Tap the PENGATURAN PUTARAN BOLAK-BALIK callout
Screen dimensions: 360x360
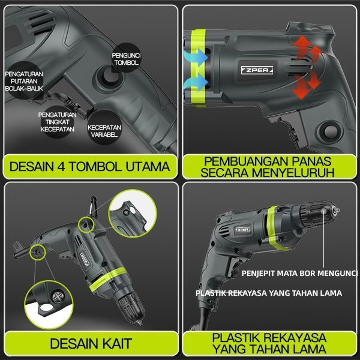[24, 81]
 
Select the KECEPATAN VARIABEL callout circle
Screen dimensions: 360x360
[104, 128]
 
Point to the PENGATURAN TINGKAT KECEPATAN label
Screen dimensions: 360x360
[57, 122]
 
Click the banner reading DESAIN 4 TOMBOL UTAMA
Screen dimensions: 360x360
[90, 166]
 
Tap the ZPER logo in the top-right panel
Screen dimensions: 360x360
[257, 70]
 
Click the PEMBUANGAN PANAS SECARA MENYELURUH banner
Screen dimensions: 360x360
[269, 167]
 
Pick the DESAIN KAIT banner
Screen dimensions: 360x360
[91, 343]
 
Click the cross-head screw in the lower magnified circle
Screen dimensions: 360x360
[57, 297]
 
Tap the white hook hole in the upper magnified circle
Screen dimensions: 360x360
[133, 210]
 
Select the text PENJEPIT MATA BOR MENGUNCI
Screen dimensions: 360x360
[299, 273]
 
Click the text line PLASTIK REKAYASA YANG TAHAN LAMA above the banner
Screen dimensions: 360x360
[269, 293]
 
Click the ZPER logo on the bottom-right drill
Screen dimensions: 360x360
[243, 230]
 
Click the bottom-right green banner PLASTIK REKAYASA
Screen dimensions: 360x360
[269, 343]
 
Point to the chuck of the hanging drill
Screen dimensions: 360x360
[131, 308]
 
